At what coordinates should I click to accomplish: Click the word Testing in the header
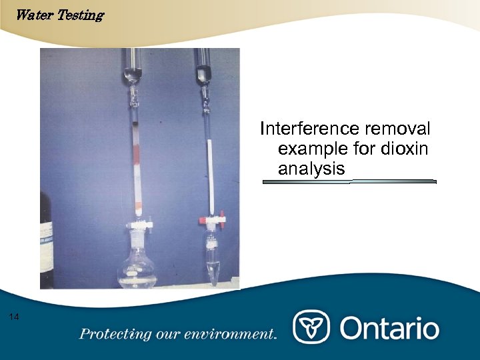(x=80, y=15)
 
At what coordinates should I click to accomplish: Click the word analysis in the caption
(x=311, y=169)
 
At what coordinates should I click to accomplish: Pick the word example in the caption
(x=315, y=149)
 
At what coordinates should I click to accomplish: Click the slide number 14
(x=15, y=317)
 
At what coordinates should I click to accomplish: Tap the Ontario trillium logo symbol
(x=312, y=328)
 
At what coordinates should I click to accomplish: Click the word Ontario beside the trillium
(x=390, y=328)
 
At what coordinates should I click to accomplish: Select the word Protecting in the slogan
(x=111, y=335)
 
